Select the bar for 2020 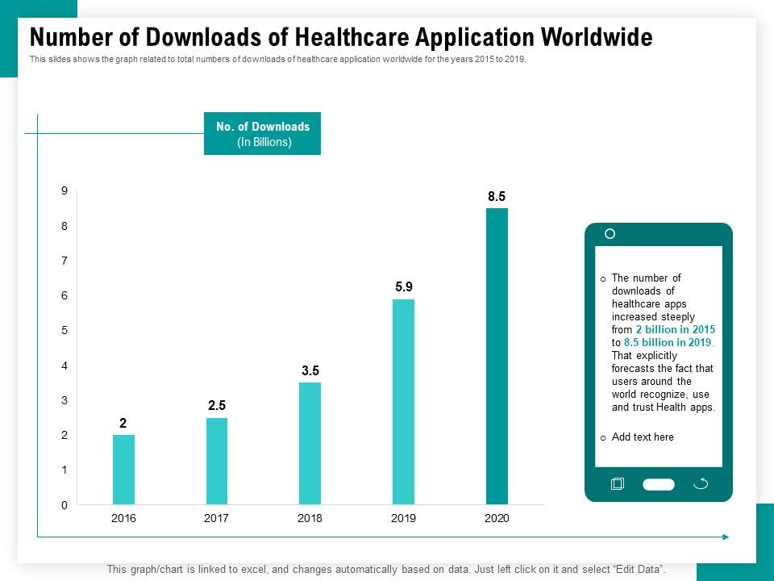point(497,356)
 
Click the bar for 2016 point(123,470)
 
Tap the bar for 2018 point(310,443)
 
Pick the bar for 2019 point(403,401)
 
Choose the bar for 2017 point(216,461)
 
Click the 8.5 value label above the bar point(497,196)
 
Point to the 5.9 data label point(403,286)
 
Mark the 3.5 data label point(310,370)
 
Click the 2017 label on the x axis point(216,519)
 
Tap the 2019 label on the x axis point(403,519)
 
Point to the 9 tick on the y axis point(64,191)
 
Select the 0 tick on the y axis point(64,505)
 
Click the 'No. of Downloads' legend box point(262,134)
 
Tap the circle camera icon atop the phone point(610,234)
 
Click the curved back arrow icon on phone point(701,483)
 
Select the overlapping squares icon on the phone point(618,483)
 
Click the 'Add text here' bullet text point(643,437)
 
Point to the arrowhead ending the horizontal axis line point(726,537)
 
